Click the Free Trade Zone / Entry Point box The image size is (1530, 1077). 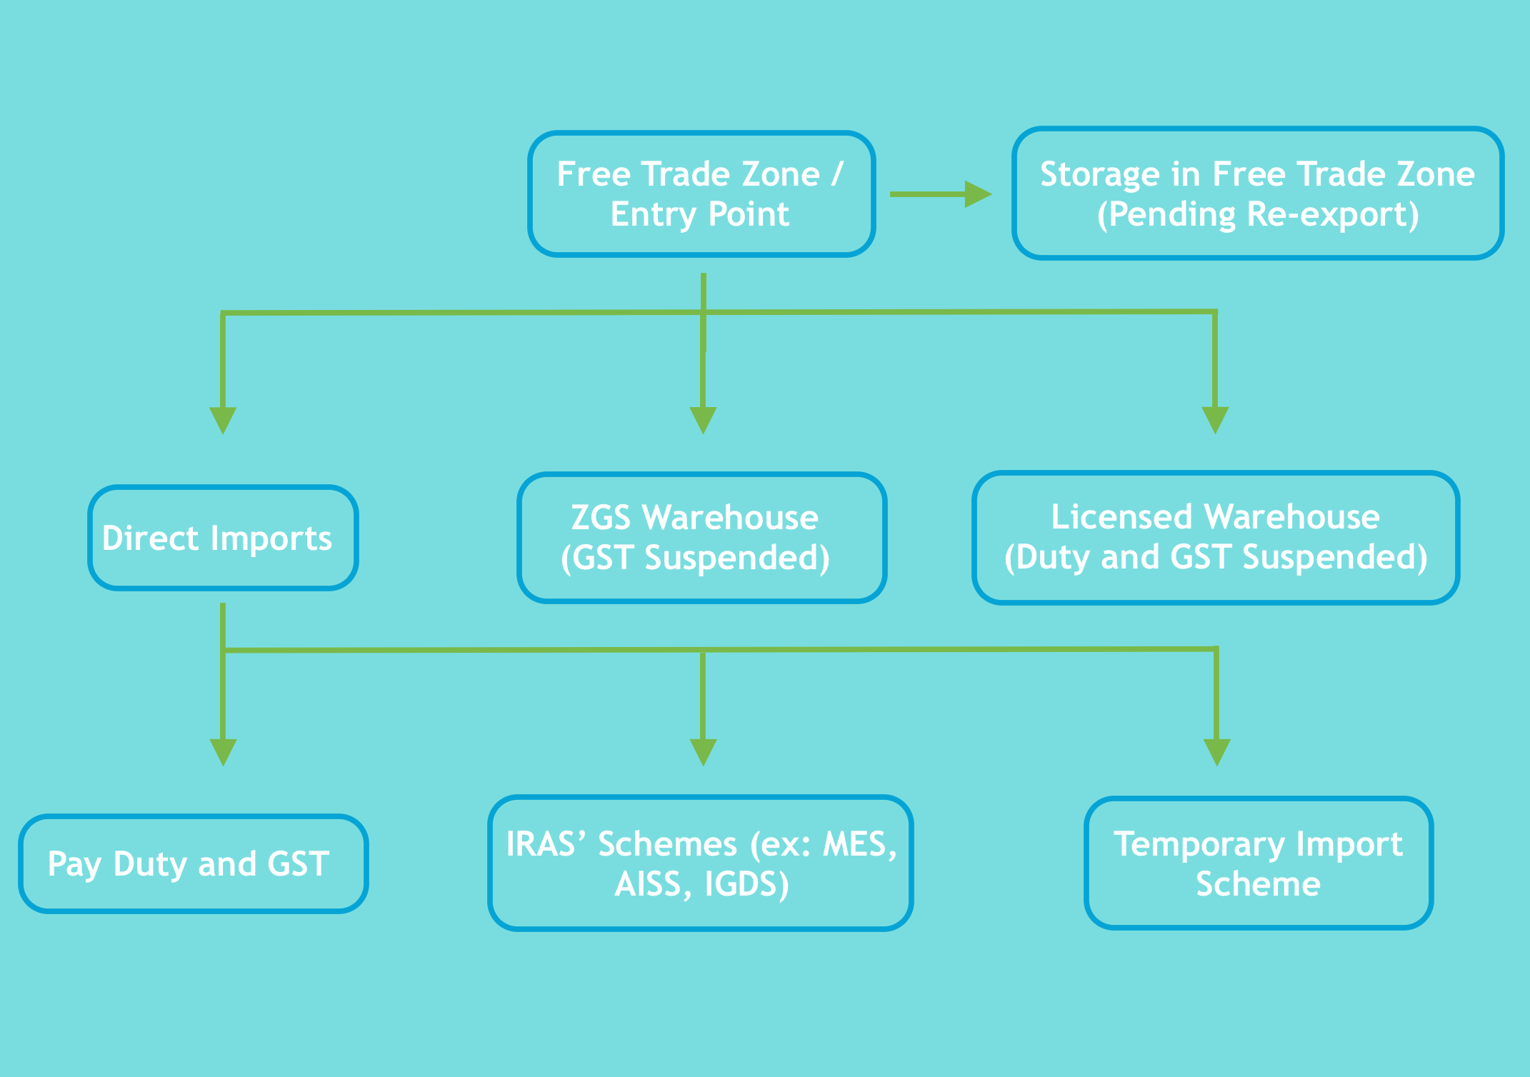click(701, 194)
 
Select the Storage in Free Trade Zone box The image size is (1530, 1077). click(1257, 194)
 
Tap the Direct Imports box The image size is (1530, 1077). click(223, 538)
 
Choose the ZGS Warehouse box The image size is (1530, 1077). click(701, 537)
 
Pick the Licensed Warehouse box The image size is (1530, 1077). click(1215, 537)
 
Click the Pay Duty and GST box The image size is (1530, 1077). click(193, 863)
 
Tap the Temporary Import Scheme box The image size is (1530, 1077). click(1258, 863)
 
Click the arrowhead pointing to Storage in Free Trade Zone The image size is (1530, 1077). click(977, 194)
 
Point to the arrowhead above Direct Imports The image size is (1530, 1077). click(223, 419)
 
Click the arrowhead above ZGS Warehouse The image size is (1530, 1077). click(703, 419)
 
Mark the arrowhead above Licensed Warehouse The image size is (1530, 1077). click(1215, 419)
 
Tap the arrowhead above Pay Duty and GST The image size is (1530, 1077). click(223, 751)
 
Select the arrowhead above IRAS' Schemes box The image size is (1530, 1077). click(703, 751)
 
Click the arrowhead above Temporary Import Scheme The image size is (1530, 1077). click(1216, 751)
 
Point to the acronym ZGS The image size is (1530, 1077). click(601, 517)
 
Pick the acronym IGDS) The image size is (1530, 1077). click(746, 884)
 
